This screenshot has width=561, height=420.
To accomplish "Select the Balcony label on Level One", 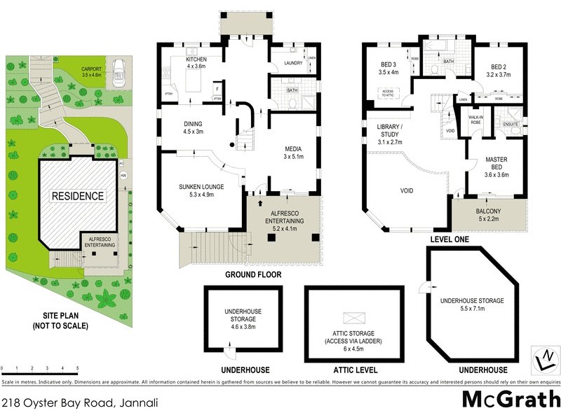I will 489,212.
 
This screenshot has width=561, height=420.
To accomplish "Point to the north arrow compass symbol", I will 541,358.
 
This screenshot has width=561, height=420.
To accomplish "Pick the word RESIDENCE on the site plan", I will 77,196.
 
